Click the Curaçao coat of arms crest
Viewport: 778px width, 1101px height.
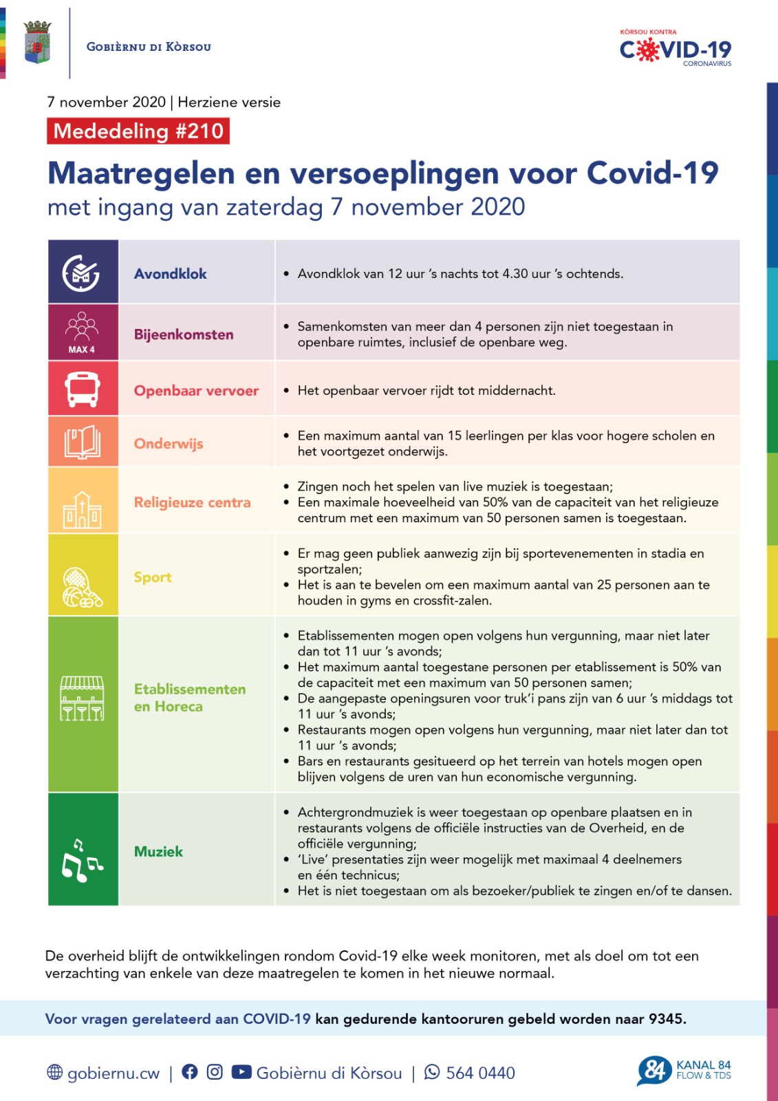[x=37, y=43]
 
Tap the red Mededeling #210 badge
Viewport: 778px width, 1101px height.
[x=138, y=131]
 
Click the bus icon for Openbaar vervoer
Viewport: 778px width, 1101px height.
[x=83, y=389]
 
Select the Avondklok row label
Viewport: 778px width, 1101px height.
[x=170, y=274]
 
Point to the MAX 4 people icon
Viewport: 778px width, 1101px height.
[x=82, y=332]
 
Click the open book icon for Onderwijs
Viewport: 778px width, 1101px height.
[x=83, y=442]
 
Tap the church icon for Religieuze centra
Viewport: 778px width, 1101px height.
[x=83, y=510]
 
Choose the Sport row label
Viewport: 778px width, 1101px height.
[x=153, y=577]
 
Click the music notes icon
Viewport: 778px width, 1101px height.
[x=82, y=860]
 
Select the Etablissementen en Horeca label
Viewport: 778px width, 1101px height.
[x=189, y=698]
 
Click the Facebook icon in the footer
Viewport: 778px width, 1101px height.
[x=190, y=1072]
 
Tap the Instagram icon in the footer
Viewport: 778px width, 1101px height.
[x=215, y=1072]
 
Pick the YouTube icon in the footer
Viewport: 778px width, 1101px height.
[x=241, y=1072]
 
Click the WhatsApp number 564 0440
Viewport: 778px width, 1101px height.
[x=480, y=1073]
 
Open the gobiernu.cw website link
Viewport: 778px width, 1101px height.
[x=113, y=1073]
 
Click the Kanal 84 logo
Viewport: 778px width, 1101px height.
[x=684, y=1071]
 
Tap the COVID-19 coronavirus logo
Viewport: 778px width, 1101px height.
[x=676, y=48]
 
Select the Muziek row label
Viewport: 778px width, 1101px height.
[x=158, y=852]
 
